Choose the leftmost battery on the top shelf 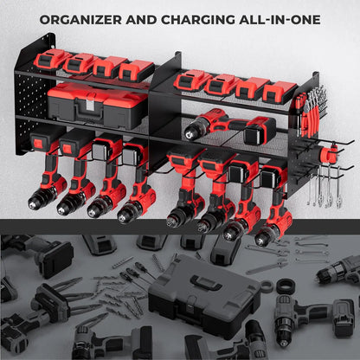pos(55,60)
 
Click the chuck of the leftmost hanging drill pos(39,202)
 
